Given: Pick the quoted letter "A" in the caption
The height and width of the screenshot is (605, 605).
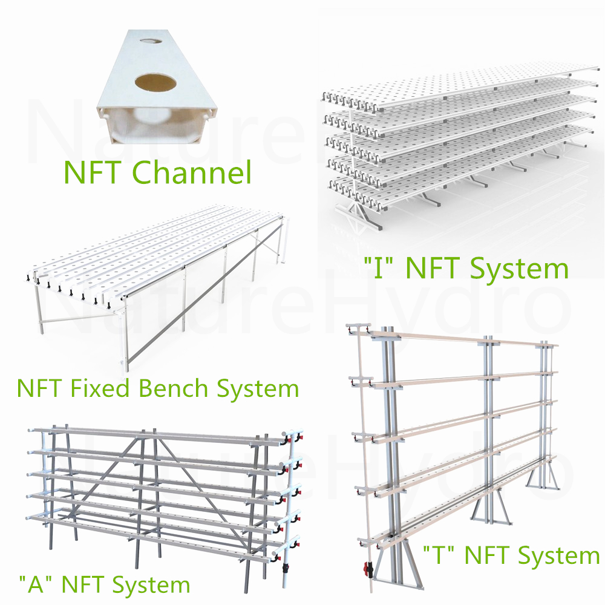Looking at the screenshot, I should coord(34,585).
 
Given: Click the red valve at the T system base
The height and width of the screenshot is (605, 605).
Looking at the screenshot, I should coord(366,569).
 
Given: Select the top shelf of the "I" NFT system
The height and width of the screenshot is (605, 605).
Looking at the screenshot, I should coord(460,91).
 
